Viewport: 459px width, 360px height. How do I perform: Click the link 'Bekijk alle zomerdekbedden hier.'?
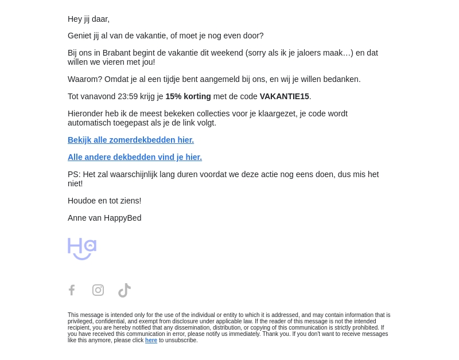click(131, 140)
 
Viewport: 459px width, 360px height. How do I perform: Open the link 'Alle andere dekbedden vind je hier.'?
click(135, 157)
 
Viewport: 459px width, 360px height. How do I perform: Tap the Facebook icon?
click(72, 290)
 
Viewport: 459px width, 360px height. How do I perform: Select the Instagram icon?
click(98, 290)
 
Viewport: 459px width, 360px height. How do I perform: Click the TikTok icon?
click(125, 290)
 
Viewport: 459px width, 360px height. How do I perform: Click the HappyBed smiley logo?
click(82, 249)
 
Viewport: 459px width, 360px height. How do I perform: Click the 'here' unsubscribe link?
click(151, 341)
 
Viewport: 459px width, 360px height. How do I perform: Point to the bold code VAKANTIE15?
click(284, 96)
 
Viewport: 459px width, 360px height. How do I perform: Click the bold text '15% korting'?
click(188, 96)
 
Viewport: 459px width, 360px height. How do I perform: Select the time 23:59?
click(128, 96)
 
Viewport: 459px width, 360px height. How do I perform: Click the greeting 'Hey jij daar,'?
click(88, 19)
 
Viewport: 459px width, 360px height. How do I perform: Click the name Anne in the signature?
click(77, 218)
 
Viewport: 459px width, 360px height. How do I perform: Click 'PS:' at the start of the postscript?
click(74, 174)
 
